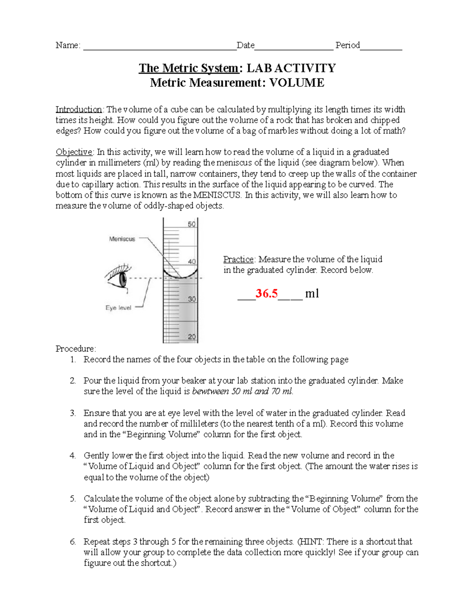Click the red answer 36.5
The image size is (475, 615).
point(266,293)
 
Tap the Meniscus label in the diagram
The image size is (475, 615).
point(122,239)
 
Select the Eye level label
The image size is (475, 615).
point(118,308)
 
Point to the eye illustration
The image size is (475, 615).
point(119,277)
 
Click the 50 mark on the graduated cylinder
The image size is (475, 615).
point(192,224)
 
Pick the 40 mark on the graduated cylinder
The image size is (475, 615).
point(192,262)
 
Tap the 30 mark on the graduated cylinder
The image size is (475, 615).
point(192,299)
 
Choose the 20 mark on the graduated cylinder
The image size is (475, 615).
point(192,337)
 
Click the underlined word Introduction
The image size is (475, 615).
point(79,109)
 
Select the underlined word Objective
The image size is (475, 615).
point(74,152)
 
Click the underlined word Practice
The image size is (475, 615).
point(238,259)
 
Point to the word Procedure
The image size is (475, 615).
point(75,349)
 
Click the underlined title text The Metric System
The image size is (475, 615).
point(189,68)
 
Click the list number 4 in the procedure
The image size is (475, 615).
point(72,456)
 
